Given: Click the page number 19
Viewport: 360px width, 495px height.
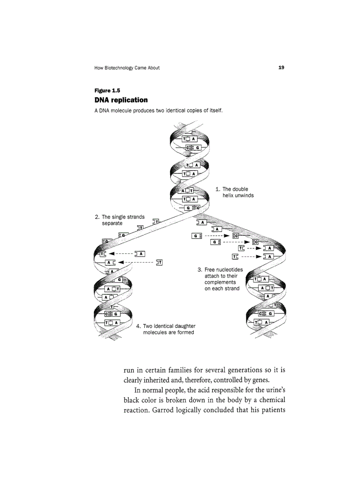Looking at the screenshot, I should [281, 67].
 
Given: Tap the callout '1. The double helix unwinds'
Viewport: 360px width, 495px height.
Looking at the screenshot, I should [234, 192].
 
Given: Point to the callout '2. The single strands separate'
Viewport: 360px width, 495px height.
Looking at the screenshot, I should [120, 220].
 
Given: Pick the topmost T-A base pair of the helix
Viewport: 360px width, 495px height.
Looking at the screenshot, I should [190, 139].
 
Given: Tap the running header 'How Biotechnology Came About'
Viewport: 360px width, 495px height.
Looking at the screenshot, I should [127, 68].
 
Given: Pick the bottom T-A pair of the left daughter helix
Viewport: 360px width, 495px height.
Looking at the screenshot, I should [112, 323].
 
